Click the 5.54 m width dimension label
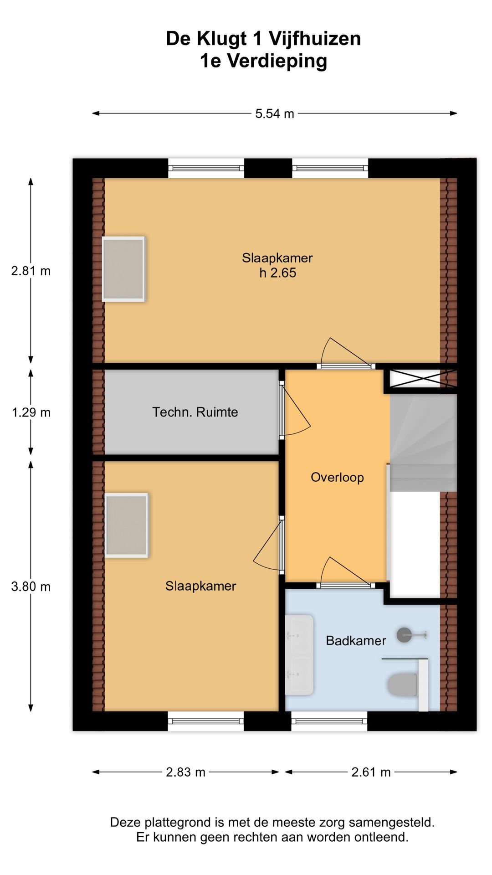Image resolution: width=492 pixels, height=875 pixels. (x=274, y=113)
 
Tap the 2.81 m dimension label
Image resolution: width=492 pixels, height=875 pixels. (x=31, y=271)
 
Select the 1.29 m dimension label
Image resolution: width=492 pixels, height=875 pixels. (x=31, y=412)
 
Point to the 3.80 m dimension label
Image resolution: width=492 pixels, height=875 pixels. (x=31, y=586)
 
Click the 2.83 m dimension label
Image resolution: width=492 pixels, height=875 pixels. (x=185, y=772)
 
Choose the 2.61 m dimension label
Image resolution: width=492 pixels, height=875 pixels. (x=371, y=772)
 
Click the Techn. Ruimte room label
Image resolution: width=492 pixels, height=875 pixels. (x=195, y=412)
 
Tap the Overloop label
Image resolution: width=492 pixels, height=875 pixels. (x=337, y=477)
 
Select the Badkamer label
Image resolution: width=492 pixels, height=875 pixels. (x=356, y=641)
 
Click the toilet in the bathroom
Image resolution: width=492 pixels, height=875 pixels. (x=402, y=685)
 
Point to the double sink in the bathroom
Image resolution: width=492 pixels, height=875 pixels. (x=299, y=655)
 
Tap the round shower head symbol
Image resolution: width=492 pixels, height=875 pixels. (x=404, y=634)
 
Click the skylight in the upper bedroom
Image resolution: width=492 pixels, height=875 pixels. (x=123, y=269)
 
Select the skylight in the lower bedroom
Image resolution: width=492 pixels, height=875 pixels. (x=126, y=525)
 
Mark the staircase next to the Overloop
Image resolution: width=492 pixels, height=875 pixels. (x=423, y=442)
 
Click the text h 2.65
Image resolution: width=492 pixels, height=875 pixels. (x=277, y=273)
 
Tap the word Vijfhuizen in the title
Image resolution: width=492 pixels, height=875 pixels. (x=314, y=39)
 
